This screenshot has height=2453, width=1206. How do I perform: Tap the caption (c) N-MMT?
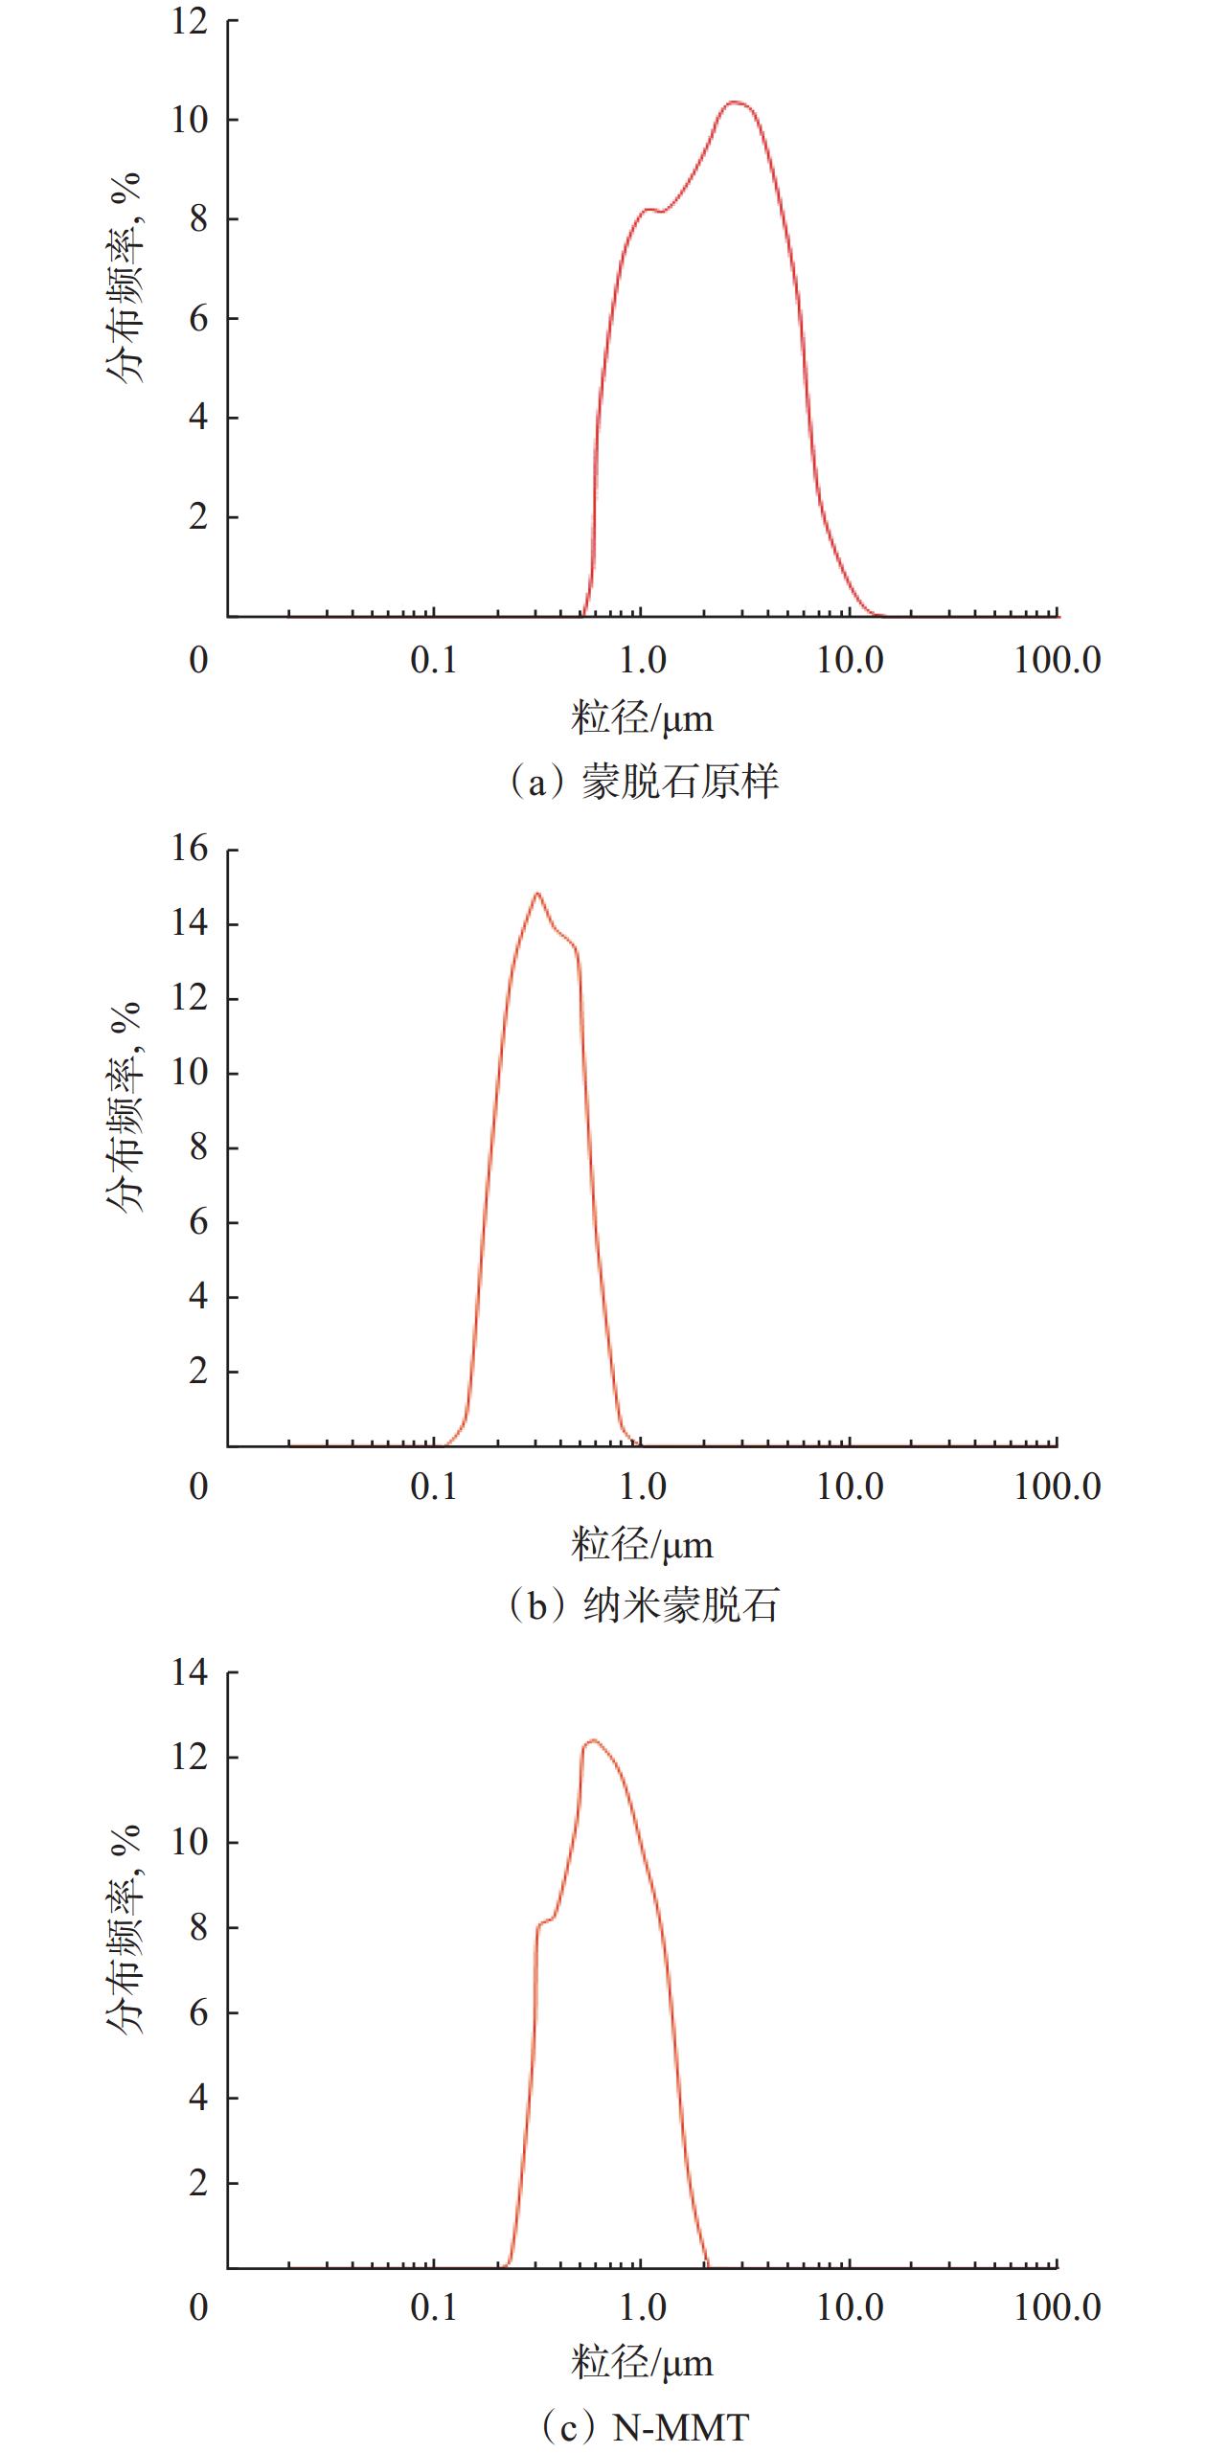[642, 2426]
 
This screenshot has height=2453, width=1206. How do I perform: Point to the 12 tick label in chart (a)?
[190, 20]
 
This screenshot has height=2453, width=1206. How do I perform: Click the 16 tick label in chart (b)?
[190, 849]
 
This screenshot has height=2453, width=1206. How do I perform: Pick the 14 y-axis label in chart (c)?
[190, 1673]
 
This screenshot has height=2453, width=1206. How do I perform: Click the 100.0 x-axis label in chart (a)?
[1058, 660]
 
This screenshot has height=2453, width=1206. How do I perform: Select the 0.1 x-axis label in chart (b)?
[434, 1487]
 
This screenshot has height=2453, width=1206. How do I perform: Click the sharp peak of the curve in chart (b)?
[537, 894]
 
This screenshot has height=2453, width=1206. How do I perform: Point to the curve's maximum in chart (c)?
[592, 1740]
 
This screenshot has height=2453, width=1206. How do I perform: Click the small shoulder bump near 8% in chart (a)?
[650, 209]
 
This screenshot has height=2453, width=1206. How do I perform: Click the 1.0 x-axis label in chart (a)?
[642, 660]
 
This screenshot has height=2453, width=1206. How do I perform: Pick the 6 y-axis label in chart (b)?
[198, 1221]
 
